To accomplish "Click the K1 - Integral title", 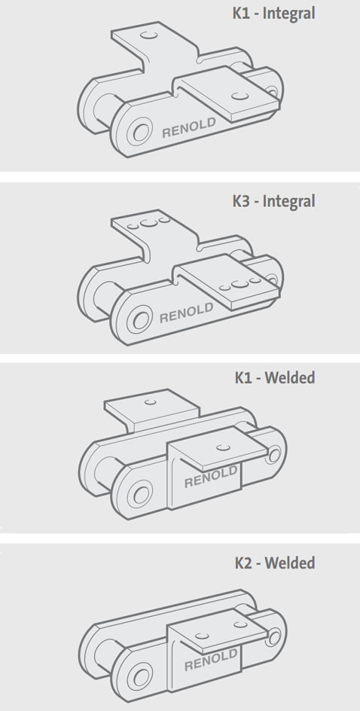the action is [x=273, y=13].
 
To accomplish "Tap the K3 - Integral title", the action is [x=273, y=201].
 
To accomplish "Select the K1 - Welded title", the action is [x=275, y=378].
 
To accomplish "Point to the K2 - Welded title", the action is [x=275, y=563].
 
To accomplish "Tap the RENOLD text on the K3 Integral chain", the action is [x=186, y=313].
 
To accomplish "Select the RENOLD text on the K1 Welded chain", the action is [x=210, y=478].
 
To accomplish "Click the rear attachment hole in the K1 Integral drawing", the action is [x=148, y=35].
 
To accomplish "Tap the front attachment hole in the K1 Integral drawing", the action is [x=239, y=95].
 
